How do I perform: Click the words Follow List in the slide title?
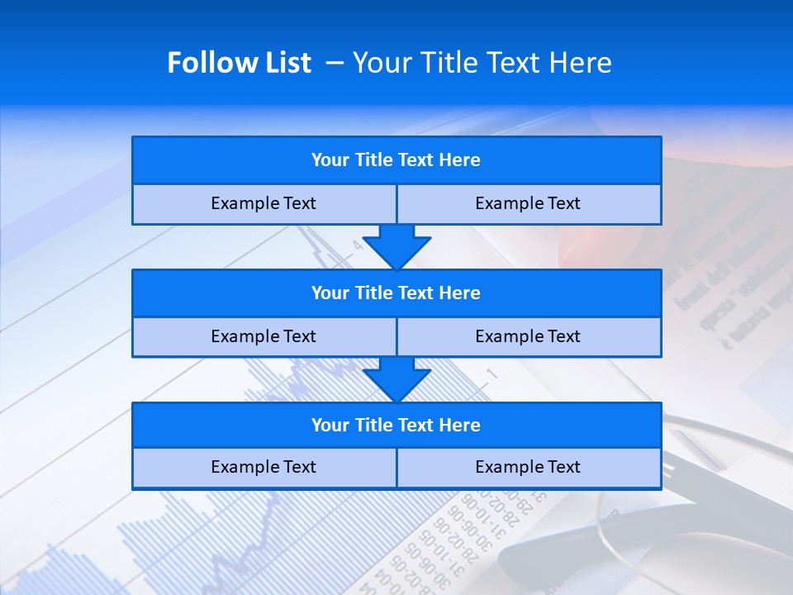tap(240, 63)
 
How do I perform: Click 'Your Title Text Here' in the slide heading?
tap(482, 63)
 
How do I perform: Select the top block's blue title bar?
tap(396, 160)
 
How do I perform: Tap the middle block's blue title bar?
tap(396, 293)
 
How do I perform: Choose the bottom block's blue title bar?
tap(396, 426)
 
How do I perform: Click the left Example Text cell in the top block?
tap(264, 204)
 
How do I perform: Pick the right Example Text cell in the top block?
tap(529, 204)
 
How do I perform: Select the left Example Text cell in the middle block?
tap(264, 337)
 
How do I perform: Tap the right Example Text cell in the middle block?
tap(529, 337)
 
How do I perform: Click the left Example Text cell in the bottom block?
tap(264, 468)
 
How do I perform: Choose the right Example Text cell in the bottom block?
tap(529, 468)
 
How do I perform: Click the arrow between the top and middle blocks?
tap(396, 246)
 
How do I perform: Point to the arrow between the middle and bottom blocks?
tap(396, 379)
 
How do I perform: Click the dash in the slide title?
tap(335, 63)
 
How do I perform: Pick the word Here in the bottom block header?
tap(460, 426)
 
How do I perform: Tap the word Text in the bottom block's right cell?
tap(563, 468)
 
